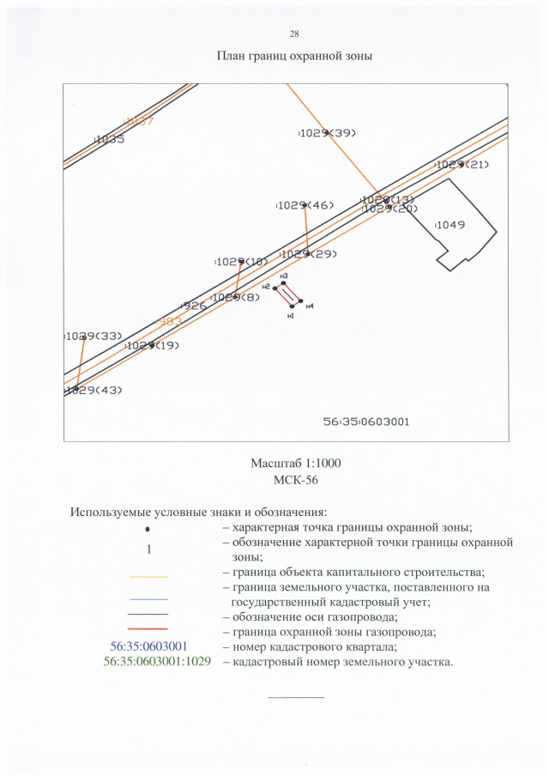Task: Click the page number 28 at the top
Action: click(294, 33)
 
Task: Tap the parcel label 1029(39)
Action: click(327, 132)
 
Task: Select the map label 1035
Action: click(109, 139)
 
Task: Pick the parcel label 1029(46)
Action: click(305, 205)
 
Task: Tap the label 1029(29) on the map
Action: click(309, 254)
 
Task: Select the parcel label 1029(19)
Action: click(152, 345)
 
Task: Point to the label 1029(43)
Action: click(94, 390)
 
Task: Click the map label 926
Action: click(194, 306)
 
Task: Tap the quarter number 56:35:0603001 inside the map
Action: click(366, 422)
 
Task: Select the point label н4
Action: click(310, 307)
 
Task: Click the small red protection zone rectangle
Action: click(288, 294)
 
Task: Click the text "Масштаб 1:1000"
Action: click(295, 464)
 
